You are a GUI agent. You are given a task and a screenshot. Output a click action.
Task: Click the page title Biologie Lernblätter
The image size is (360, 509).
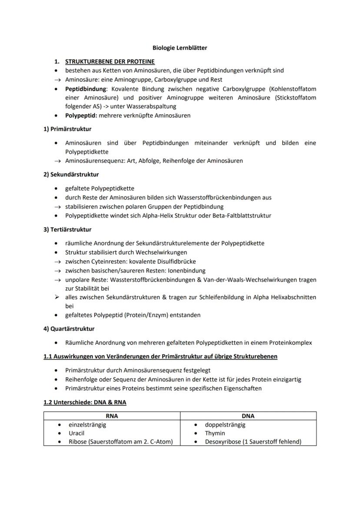[180, 48]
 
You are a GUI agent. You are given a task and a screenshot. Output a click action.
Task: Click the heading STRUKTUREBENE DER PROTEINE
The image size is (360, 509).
[110, 62]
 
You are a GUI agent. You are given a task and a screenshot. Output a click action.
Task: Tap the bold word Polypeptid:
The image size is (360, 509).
[81, 116]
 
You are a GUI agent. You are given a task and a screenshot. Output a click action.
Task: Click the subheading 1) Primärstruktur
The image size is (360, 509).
[67, 129]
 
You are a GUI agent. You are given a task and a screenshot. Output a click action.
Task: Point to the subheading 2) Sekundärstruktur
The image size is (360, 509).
[71, 174]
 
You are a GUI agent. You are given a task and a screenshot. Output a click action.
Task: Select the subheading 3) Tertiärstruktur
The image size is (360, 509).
[67, 229]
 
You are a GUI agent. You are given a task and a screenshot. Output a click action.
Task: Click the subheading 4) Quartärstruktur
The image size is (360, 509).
[69, 329]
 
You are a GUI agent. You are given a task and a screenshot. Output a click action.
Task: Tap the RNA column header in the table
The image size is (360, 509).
[112, 416]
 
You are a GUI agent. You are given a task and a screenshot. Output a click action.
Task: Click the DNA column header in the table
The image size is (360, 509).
[248, 416]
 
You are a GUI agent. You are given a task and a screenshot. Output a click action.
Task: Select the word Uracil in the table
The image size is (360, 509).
[77, 433]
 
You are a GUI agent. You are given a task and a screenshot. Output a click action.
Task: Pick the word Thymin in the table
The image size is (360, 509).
[215, 433]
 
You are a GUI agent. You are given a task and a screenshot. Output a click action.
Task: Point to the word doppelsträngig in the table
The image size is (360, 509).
[225, 425]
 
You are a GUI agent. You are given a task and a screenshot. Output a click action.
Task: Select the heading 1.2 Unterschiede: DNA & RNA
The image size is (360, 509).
[85, 402]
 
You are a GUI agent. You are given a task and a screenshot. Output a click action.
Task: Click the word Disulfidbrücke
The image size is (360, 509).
[175, 262]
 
